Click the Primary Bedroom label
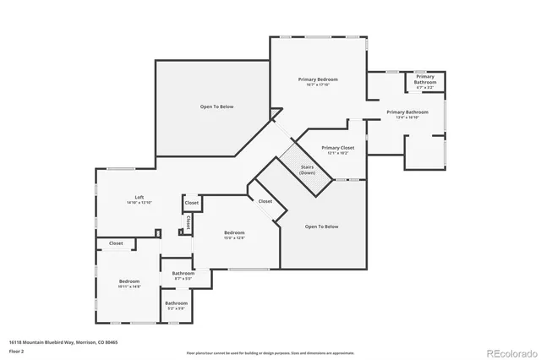tap(317, 79)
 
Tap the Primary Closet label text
tap(337, 148)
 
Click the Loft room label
tap(139, 197)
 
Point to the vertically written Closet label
tap(188, 223)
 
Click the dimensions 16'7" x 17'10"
tap(317, 85)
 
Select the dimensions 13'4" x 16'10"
tap(407, 118)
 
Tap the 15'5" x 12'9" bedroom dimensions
tap(234, 237)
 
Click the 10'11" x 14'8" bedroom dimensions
tap(129, 286)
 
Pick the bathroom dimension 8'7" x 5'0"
tap(183, 279)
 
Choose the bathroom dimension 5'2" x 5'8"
tap(176, 308)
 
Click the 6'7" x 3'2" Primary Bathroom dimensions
tap(424, 87)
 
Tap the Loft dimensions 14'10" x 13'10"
tap(139, 203)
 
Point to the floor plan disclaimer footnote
tap(270, 352)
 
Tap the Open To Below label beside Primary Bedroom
tap(216, 106)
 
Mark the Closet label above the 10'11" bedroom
tap(115, 243)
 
